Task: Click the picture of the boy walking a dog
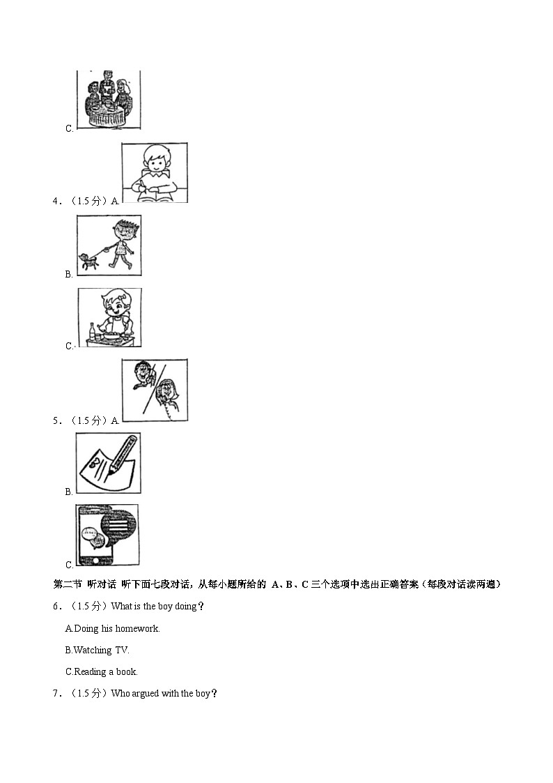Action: click(108, 245)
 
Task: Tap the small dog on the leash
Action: click(88, 261)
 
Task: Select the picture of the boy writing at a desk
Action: click(155, 173)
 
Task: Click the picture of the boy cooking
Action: click(109, 317)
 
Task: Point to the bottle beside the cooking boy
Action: click(91, 330)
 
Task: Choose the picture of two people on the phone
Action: click(155, 390)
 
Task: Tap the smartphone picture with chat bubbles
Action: click(107, 535)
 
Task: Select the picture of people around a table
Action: click(108, 99)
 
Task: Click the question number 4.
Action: click(56, 202)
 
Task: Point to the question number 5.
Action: click(56, 420)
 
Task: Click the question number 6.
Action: click(56, 607)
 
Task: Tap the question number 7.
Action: click(56, 694)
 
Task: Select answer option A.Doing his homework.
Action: click(113, 629)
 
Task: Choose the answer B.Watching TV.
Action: click(98, 651)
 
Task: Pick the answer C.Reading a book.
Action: click(102, 672)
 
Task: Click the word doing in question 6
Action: click(186, 607)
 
